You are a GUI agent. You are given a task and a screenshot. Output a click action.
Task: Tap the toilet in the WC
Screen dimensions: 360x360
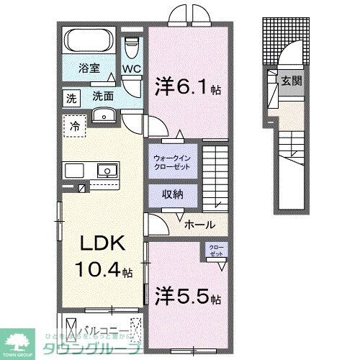[x=130, y=47]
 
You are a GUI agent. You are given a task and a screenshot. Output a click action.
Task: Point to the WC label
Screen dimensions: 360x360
[x=131, y=69]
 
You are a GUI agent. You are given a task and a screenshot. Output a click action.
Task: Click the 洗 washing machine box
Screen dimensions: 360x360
[x=71, y=94]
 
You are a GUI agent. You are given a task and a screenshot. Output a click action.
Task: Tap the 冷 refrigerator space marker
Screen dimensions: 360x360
[x=74, y=125]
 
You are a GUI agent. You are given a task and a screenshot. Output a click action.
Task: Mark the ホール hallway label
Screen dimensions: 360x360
[x=197, y=225]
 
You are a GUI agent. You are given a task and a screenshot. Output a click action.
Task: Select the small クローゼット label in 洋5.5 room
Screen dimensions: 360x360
[x=216, y=250]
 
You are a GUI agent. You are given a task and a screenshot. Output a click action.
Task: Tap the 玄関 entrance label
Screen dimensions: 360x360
[x=291, y=80]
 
